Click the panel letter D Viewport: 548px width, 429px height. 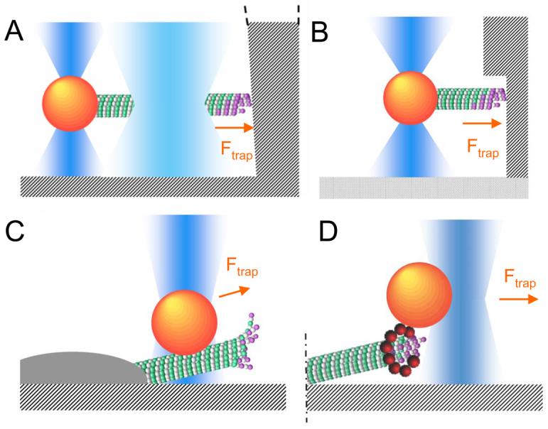tap(321, 231)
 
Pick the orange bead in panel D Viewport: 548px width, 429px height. tap(419, 295)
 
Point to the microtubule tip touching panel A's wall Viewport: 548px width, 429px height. tap(227, 104)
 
